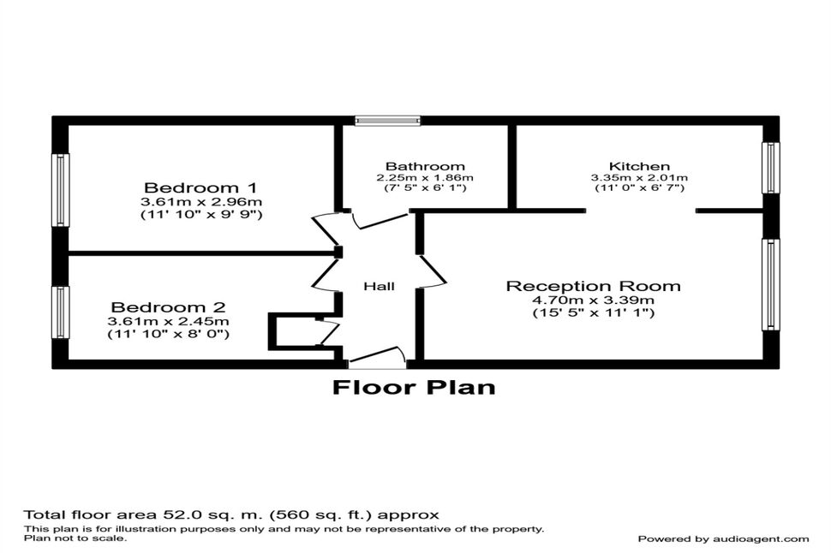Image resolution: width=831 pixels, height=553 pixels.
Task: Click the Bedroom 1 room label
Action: click(x=200, y=187)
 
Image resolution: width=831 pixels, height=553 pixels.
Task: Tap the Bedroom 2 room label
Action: click(x=169, y=307)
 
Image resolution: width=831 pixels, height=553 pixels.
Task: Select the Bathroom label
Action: click(x=425, y=167)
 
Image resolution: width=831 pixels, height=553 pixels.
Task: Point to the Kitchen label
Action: click(x=639, y=166)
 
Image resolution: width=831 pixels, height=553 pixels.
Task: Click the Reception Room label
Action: click(x=594, y=286)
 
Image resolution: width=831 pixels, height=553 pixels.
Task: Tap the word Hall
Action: click(x=379, y=287)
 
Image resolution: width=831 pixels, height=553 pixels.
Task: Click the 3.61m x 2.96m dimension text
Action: click(x=201, y=202)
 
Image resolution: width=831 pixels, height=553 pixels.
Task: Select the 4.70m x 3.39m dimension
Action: click(x=594, y=300)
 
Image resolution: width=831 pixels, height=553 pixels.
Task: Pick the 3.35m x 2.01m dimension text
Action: click(x=639, y=178)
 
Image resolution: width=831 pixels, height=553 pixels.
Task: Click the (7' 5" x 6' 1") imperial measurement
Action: click(x=425, y=187)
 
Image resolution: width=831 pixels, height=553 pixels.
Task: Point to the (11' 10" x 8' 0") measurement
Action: click(x=169, y=334)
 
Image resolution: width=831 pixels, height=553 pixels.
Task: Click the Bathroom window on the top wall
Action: click(x=387, y=121)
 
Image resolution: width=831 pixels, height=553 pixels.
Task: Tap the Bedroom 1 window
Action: click(x=61, y=190)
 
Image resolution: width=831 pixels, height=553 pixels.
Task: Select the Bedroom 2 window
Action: click(x=61, y=312)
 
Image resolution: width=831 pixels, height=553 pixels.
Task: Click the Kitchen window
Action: click(x=770, y=168)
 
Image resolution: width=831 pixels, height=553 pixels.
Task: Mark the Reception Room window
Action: click(x=770, y=284)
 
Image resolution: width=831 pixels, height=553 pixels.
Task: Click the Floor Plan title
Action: click(x=414, y=387)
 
